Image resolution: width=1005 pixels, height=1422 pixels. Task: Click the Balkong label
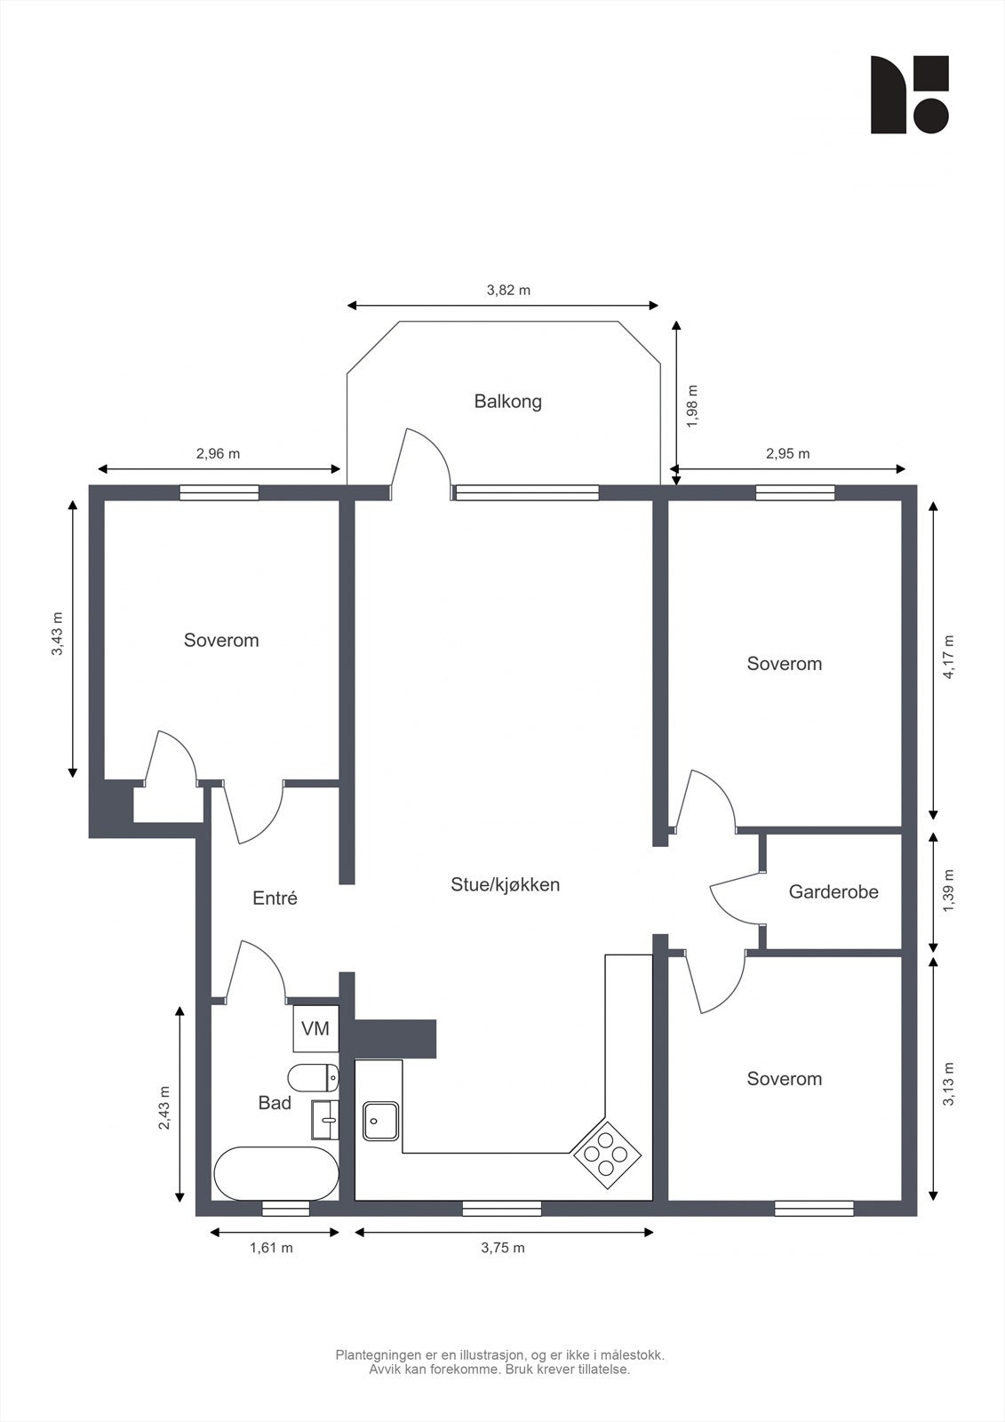pos(508,402)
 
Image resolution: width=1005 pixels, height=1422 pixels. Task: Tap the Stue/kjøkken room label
pos(506,885)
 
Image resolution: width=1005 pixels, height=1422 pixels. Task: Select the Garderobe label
pos(834,892)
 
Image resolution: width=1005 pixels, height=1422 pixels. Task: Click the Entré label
pos(275,898)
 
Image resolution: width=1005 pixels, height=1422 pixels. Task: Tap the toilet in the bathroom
pos(314,1077)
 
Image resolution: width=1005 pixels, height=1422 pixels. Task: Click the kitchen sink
pos(381,1121)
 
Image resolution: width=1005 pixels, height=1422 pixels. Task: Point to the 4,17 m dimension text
pos(948,657)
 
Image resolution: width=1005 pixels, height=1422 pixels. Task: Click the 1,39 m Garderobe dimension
pos(948,891)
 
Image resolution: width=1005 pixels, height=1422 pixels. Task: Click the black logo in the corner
pos(909,94)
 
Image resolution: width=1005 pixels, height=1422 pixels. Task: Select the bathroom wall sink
pos(325,1120)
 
